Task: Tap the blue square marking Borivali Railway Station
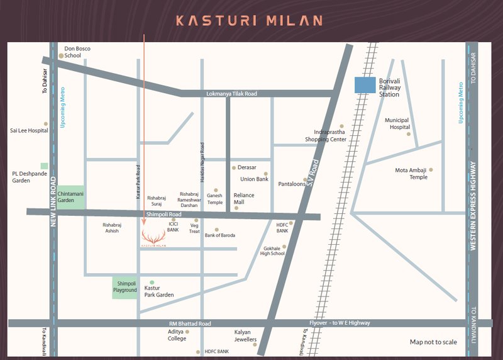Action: point(365,85)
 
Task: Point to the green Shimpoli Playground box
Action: point(124,287)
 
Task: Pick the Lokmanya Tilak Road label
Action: point(231,94)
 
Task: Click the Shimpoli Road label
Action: point(163,215)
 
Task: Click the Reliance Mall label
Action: point(244,199)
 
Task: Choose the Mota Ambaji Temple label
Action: point(411,174)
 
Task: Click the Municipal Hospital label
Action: point(396,123)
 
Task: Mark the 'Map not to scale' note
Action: point(433,342)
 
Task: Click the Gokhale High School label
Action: point(274,250)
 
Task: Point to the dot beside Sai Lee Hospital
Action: point(45,124)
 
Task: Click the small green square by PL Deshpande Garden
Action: point(44,166)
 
